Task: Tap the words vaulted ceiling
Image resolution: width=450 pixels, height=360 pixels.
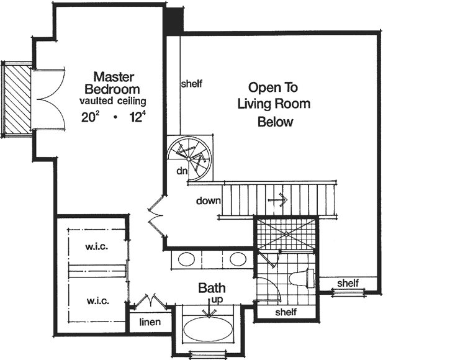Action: tap(112, 100)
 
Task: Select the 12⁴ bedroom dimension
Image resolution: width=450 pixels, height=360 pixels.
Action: tap(135, 117)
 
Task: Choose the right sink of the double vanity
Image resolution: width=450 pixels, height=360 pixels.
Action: tap(236, 259)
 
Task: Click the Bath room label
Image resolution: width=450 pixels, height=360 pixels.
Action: tap(212, 289)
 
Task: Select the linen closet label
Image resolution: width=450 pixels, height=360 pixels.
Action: tap(150, 322)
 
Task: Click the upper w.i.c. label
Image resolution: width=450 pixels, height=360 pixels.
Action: tap(97, 246)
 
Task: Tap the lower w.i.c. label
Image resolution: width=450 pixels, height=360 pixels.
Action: tap(97, 301)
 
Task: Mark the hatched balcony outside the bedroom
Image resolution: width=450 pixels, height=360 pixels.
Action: tap(15, 97)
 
